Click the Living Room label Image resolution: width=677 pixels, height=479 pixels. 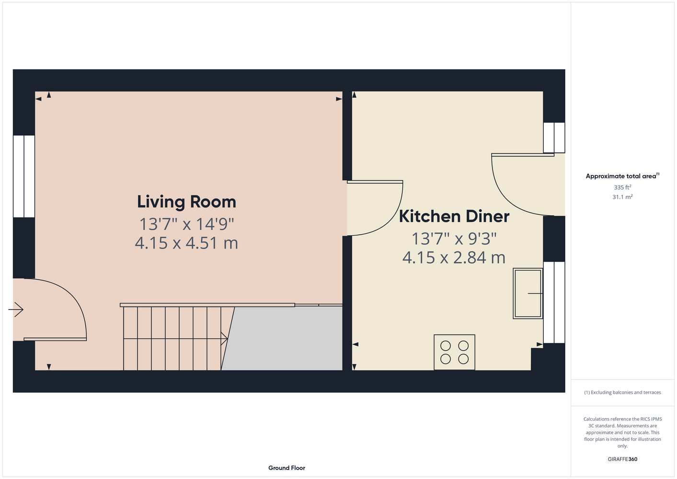[x=186, y=202]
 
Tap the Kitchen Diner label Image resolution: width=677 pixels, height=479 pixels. [x=454, y=217]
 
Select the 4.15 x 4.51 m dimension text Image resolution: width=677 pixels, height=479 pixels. [x=186, y=243]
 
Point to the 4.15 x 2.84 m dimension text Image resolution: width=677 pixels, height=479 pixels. [x=454, y=258]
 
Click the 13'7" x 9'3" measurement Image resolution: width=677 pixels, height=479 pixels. [x=454, y=239]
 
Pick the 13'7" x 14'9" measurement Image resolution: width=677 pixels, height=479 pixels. [x=186, y=224]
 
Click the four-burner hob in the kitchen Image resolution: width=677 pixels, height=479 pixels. [x=454, y=352]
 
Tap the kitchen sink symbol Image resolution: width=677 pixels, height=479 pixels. [x=528, y=294]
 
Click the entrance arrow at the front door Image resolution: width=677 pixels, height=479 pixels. [x=16, y=309]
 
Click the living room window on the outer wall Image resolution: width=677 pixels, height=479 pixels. [x=24, y=176]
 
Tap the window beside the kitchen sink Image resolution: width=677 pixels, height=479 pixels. [x=554, y=302]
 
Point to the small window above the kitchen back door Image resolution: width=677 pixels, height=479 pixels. [x=554, y=137]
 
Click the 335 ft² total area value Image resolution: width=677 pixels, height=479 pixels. [x=622, y=187]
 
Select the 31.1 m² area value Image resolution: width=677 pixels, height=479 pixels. [x=622, y=197]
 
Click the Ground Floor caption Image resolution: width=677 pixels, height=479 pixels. [x=287, y=468]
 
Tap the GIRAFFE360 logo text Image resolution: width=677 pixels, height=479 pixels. [x=622, y=459]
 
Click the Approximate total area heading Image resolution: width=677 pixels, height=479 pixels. [x=622, y=176]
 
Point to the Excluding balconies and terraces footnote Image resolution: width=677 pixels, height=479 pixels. [x=622, y=392]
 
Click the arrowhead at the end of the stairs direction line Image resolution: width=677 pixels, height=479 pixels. [x=225, y=339]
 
